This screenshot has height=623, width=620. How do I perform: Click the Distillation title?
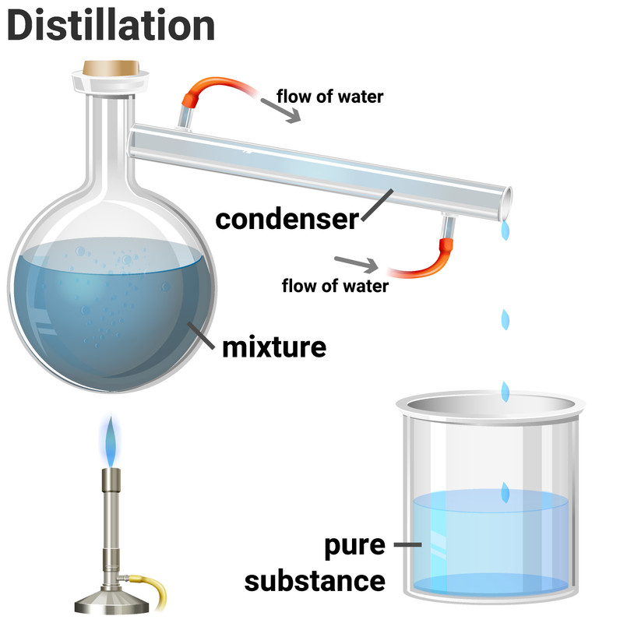[111, 25]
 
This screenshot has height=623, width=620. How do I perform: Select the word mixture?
[273, 345]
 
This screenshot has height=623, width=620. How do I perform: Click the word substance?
[315, 580]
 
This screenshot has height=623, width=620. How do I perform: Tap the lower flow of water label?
[335, 286]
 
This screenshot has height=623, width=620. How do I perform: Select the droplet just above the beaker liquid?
[506, 491]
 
